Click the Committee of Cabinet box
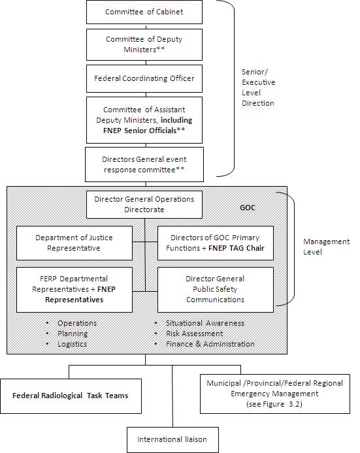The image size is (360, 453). [144, 12]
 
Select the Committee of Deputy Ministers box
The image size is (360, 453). [144, 44]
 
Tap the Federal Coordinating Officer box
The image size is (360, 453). [144, 79]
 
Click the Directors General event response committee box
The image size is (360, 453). [144, 163]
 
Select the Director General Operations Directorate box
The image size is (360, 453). [144, 205]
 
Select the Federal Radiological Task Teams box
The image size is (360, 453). [71, 396]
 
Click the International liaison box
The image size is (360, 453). [172, 439]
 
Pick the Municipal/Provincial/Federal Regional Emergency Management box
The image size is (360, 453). [275, 394]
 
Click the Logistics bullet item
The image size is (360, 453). [72, 344]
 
